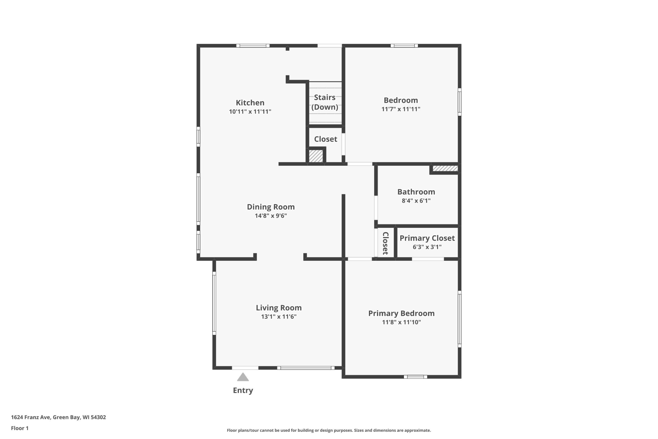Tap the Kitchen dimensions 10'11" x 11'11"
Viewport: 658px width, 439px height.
tap(250, 111)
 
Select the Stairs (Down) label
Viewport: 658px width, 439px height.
tap(325, 102)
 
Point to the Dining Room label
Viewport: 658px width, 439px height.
tap(271, 207)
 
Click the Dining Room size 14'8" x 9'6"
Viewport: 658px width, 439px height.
tap(271, 216)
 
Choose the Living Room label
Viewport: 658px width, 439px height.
tap(279, 308)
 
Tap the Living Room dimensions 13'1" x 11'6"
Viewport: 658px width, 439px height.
tap(279, 316)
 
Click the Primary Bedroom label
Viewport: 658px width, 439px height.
tap(401, 313)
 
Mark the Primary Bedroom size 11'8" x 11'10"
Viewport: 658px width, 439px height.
tap(401, 322)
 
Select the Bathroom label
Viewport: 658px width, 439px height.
tap(416, 192)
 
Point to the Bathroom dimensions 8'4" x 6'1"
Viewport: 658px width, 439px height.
tap(416, 200)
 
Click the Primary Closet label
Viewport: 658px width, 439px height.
tap(427, 238)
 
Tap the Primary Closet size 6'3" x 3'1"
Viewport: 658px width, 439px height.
tap(427, 247)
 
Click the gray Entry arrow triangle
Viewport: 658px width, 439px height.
tap(243, 377)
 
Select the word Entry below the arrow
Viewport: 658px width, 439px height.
tap(243, 390)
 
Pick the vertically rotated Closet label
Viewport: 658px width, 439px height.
tap(386, 243)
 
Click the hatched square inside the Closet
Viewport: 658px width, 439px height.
tap(316, 156)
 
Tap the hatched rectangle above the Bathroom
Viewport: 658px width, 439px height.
tap(445, 168)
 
